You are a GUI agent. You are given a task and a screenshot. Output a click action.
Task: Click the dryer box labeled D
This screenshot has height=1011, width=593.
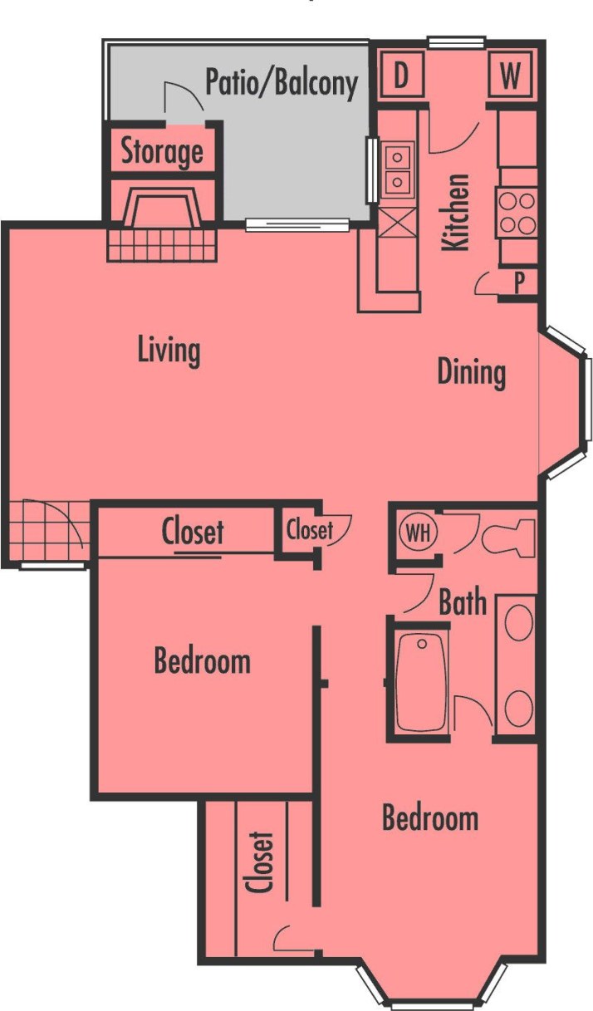pyautogui.click(x=401, y=76)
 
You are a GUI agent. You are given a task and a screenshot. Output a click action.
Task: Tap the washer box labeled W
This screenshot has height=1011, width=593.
pyautogui.click(x=511, y=76)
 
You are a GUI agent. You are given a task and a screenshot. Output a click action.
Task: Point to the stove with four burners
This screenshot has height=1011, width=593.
pyautogui.click(x=517, y=212)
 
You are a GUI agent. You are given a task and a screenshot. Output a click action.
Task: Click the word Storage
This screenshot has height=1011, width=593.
pyautogui.click(x=162, y=151)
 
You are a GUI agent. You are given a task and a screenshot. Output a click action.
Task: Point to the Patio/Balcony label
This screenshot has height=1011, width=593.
pyautogui.click(x=282, y=83)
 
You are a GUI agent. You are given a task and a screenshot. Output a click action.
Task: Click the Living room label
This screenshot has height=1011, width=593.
pyautogui.click(x=169, y=351)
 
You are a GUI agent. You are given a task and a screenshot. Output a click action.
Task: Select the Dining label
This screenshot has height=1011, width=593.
pyautogui.click(x=471, y=372)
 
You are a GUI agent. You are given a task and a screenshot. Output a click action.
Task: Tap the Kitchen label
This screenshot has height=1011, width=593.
pyautogui.click(x=456, y=212)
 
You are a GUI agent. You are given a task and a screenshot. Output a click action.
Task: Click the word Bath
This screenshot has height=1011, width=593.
pyautogui.click(x=463, y=602)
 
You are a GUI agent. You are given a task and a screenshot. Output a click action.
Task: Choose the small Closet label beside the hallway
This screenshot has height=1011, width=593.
pyautogui.click(x=309, y=530)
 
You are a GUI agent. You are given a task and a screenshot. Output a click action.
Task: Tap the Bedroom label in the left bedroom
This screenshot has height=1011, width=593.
pyautogui.click(x=202, y=662)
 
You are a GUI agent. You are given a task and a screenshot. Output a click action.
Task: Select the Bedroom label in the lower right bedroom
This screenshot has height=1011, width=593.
pyautogui.click(x=429, y=818)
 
